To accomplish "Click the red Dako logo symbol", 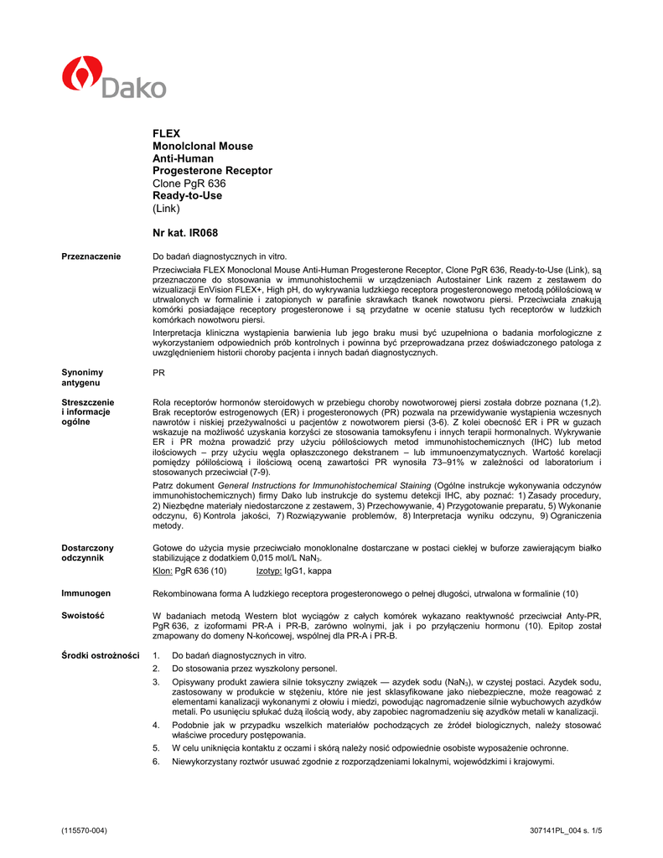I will [x=80, y=74].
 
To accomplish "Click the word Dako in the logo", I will [x=134, y=86].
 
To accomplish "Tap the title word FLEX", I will [x=166, y=133].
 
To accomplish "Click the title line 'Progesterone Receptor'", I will [x=212, y=171].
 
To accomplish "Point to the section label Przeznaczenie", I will [x=91, y=256].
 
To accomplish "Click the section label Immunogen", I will [x=86, y=593].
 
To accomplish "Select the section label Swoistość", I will [x=83, y=615].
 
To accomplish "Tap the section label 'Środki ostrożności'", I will [x=101, y=655].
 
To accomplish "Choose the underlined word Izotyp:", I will [x=269, y=571].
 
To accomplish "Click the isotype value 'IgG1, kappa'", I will [x=308, y=571].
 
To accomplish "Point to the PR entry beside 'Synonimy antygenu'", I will [x=158, y=372].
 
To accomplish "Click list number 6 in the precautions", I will [x=156, y=762].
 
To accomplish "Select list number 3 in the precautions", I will [x=156, y=683].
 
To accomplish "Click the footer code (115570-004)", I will [x=85, y=830].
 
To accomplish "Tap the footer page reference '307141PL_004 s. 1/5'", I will [x=566, y=830].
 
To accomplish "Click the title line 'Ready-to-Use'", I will [x=187, y=195].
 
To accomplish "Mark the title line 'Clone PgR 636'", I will [x=189, y=183].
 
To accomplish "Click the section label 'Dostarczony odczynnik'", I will [x=87, y=552].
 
